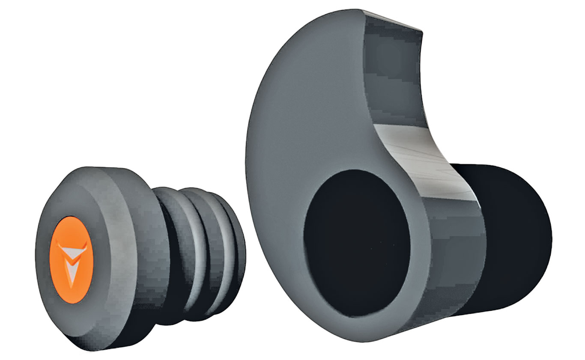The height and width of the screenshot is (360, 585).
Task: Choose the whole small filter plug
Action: [137, 257]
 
